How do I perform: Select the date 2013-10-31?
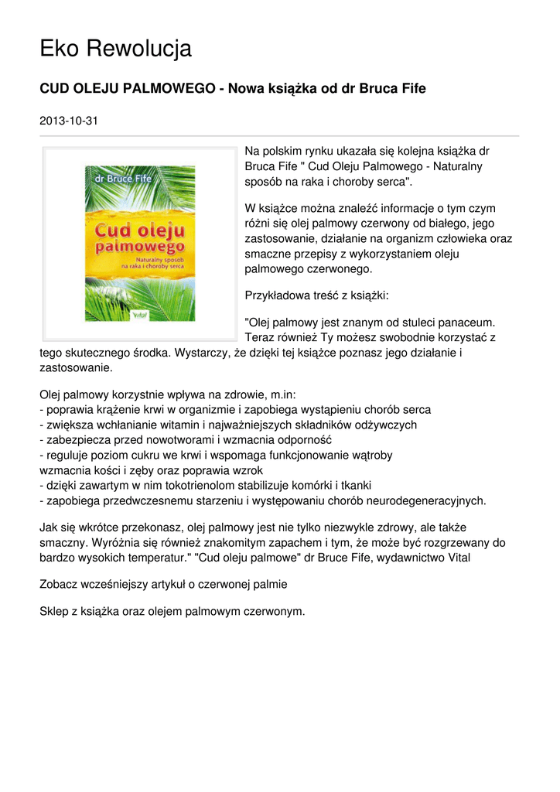69,121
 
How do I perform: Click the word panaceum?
470,321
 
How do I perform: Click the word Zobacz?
60,584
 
